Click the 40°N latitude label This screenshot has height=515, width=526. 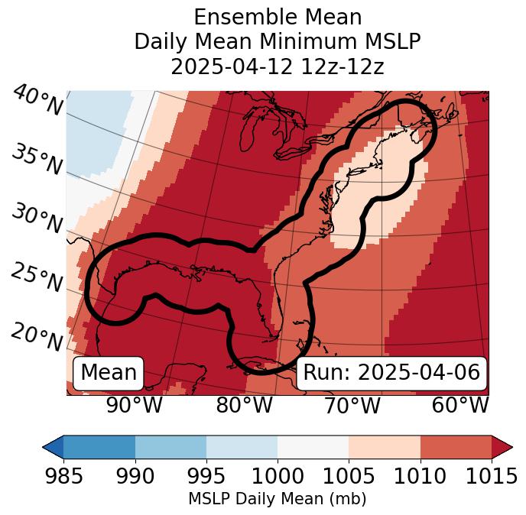37,101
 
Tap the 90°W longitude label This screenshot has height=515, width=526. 134,406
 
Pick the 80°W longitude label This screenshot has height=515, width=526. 244,406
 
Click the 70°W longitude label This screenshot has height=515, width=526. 352,406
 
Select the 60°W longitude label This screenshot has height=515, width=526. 459,406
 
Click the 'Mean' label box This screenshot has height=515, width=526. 109,373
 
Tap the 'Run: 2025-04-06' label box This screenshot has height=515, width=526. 391,373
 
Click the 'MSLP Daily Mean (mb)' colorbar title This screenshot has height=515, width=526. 277,500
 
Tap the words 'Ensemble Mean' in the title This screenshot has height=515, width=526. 277,17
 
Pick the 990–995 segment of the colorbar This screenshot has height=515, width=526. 170,446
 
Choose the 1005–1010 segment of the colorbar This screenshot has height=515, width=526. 385,446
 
